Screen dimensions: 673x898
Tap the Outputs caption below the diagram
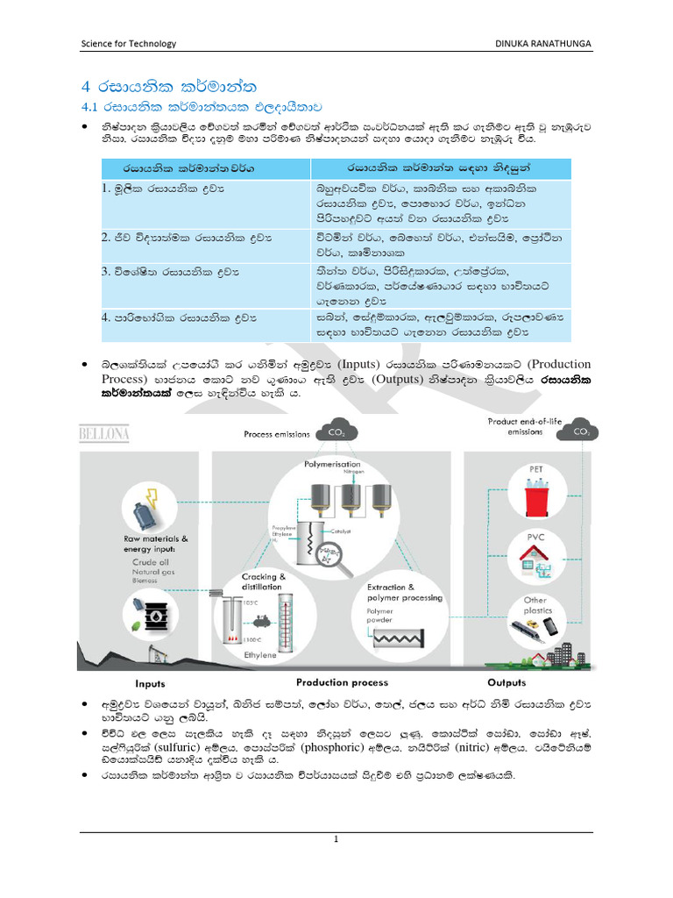click(x=507, y=682)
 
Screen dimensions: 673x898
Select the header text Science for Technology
click(x=128, y=43)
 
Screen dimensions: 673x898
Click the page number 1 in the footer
click(x=336, y=839)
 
